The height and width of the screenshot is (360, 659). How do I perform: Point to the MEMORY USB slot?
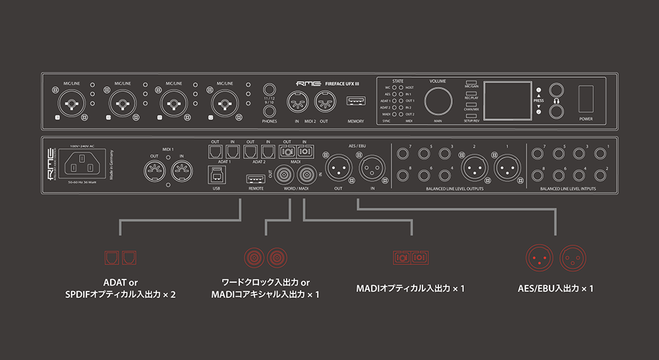tap(356, 102)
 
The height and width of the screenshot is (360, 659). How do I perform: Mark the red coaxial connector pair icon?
tap(265, 257)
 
